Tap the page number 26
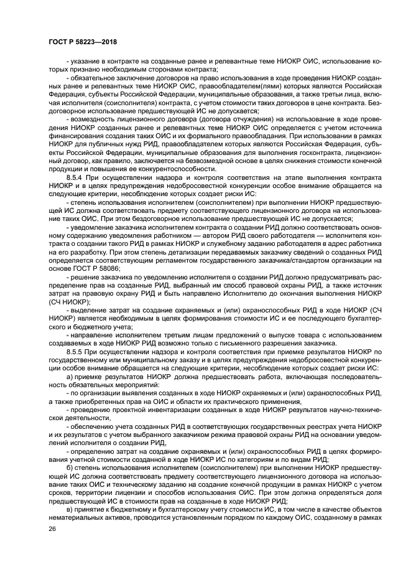pos(51,529)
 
